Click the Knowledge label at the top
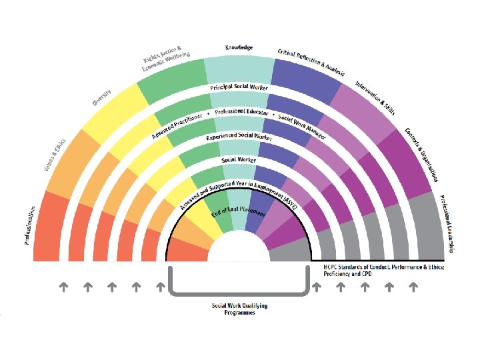239,48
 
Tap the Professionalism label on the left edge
30,225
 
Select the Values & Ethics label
55,154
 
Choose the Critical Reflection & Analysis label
311,62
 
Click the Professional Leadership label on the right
447,224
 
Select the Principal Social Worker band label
239,88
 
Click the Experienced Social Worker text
239,136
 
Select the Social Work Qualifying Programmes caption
239,309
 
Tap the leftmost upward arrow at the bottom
63,287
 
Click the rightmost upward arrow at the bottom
413,287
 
